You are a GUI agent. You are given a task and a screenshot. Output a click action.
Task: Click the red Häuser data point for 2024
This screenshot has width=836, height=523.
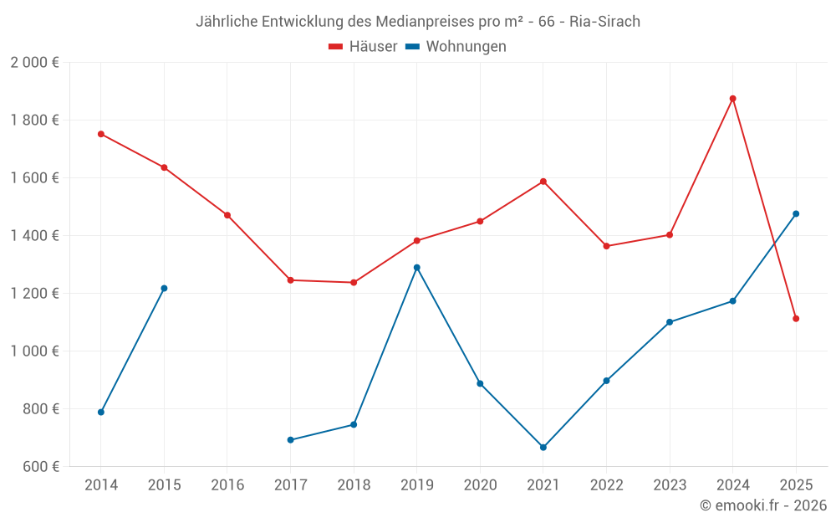732,99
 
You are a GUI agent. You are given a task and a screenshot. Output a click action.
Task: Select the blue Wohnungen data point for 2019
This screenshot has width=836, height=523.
416,268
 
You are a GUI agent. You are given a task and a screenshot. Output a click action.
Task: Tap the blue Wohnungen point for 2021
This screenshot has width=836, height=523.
543,448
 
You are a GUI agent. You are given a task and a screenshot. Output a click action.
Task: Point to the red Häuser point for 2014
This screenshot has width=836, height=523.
101,134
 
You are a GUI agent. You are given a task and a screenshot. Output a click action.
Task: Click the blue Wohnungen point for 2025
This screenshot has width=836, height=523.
796,214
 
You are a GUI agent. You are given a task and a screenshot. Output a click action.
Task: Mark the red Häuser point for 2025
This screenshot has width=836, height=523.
796,319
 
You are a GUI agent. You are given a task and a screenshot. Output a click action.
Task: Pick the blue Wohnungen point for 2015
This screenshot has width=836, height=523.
164,289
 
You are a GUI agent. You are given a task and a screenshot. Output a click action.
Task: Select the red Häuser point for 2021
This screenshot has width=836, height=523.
543,182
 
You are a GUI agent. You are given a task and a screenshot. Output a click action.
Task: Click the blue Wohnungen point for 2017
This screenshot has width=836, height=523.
290,440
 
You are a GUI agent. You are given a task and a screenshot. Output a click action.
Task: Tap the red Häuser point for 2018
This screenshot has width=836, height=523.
354,283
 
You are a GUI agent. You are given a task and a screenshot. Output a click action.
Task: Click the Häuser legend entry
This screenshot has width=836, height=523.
363,47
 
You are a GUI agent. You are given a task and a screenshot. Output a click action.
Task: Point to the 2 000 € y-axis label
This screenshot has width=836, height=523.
34,63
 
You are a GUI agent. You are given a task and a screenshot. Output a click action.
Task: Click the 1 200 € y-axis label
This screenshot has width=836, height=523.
34,294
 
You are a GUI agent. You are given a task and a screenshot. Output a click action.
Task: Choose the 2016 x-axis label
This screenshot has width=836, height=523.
227,485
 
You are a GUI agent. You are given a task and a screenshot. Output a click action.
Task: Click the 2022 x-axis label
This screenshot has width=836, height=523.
606,485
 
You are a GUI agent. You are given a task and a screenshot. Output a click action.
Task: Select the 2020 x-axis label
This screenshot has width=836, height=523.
480,485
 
